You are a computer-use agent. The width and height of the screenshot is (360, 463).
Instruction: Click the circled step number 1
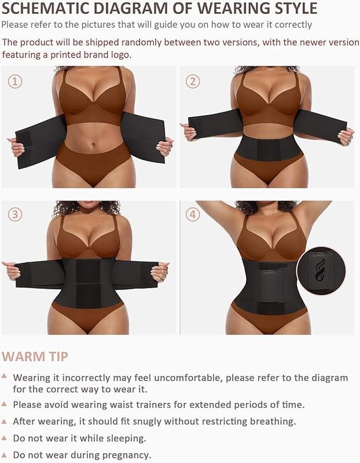[x=15, y=82]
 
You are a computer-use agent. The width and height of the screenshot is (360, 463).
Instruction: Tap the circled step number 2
[x=193, y=82]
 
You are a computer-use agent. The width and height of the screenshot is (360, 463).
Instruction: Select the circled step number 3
[x=15, y=215]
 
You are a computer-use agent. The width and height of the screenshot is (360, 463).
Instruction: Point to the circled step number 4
[x=193, y=215]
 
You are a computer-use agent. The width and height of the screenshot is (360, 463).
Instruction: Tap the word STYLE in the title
[x=294, y=8]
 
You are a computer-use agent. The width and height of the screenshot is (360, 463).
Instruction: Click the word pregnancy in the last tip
[x=126, y=455]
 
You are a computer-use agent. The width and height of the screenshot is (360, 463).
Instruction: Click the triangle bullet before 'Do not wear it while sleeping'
[x=5, y=438]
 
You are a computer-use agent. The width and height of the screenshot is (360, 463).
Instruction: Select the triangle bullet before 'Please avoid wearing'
[x=5, y=404]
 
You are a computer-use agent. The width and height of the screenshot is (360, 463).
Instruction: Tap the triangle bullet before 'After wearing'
[x=5, y=421]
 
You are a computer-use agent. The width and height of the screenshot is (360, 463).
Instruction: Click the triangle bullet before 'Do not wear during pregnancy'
[x=5, y=454]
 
